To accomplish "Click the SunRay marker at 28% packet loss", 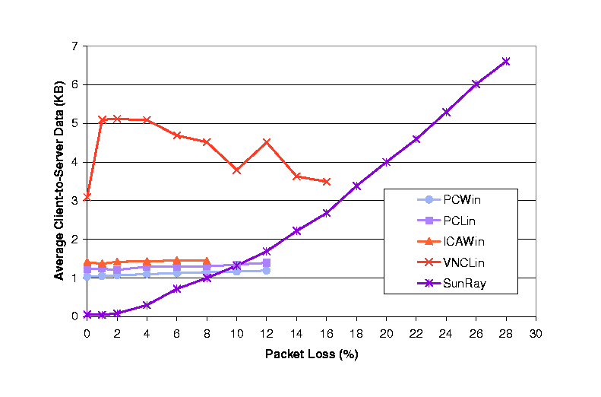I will click(506, 61).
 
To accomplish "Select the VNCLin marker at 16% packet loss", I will click(327, 181).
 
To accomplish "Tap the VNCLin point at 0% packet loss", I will click(87, 196).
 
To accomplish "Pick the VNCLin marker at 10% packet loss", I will click(236, 170).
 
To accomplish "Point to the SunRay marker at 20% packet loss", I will click(386, 161).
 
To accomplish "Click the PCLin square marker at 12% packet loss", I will click(267, 262).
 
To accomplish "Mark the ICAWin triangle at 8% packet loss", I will click(207, 260).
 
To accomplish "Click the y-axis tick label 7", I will click(75, 46).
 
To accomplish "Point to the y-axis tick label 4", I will click(75, 162).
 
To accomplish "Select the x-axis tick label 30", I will click(536, 332).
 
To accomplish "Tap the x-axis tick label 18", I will click(356, 332).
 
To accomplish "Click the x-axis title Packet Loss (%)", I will click(312, 354).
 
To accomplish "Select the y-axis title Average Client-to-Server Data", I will click(59, 181).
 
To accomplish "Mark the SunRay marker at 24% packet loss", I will click(446, 112).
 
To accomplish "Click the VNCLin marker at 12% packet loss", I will click(267, 141).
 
